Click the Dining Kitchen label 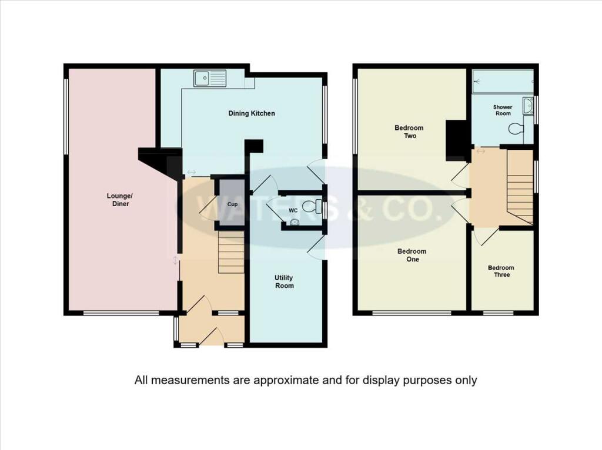[251, 113]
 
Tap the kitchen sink [210, 78]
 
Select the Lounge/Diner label [118, 200]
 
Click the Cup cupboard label [232, 204]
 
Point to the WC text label [292, 210]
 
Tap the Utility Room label [285, 281]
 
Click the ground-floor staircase [231, 252]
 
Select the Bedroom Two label [410, 132]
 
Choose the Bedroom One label [412, 255]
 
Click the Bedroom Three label [500, 271]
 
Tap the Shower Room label [503, 110]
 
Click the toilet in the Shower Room [516, 129]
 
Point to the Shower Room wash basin [529, 105]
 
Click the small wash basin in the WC [295, 223]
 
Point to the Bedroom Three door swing [484, 237]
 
